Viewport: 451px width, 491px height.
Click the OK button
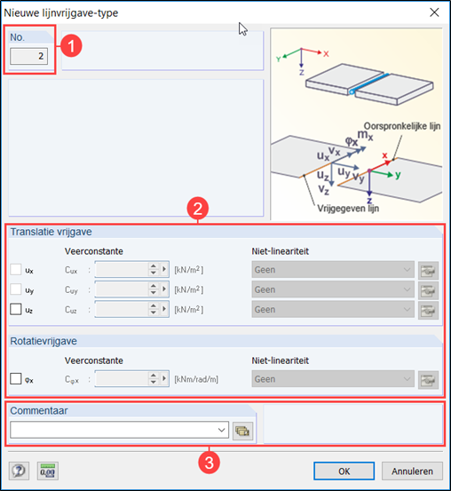click(344, 471)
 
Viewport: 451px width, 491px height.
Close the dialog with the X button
click(434, 12)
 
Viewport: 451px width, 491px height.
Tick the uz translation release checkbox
click(16, 309)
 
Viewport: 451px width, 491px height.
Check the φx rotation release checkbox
click(16, 378)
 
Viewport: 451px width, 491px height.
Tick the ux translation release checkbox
click(16, 269)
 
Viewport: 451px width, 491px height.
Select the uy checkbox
click(16, 289)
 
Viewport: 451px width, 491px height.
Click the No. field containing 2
click(28, 56)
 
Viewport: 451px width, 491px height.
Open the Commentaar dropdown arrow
click(222, 430)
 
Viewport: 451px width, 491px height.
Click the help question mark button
click(19, 471)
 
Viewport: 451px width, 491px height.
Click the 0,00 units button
click(48, 471)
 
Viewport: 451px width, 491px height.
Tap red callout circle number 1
click(71, 46)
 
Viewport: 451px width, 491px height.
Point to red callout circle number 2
click(198, 209)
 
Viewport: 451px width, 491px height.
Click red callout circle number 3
click(209, 463)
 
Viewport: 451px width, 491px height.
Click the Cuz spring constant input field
click(122, 309)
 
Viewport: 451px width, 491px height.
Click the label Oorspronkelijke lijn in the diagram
click(402, 126)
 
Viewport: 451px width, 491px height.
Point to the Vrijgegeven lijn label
click(348, 209)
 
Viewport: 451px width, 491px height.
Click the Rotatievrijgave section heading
click(44, 341)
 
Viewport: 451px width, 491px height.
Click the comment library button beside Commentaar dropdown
click(242, 431)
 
